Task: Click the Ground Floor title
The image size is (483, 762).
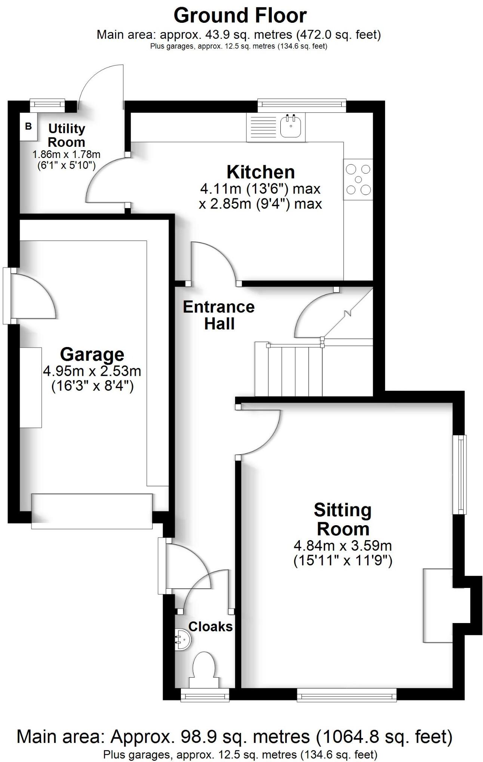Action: point(240,16)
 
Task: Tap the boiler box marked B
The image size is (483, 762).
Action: point(28,126)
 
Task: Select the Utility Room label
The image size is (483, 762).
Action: point(67,135)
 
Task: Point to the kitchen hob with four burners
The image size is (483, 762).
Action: point(358,179)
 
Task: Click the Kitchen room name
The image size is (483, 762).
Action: point(261,172)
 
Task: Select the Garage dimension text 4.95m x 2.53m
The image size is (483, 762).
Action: point(92,371)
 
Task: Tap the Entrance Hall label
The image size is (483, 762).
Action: point(219,315)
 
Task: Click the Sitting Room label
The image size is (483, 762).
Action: point(343,520)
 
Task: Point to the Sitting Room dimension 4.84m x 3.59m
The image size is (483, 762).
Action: point(343,546)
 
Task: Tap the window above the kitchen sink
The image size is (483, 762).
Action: point(302,105)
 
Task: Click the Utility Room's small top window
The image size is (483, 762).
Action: point(47,105)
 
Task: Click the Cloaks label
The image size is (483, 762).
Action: point(210,627)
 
